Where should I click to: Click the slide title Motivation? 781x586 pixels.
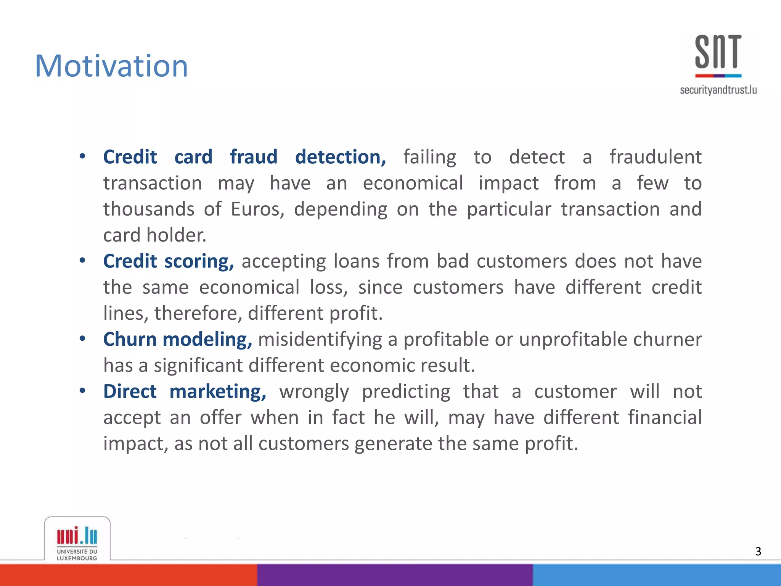[111, 66]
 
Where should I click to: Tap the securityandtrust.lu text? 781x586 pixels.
[718, 90]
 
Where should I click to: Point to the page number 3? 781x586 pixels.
[758, 551]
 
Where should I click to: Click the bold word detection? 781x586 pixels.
[341, 157]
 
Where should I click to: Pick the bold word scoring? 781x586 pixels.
[199, 262]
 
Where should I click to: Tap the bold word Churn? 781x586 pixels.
[130, 340]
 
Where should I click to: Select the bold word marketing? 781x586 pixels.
[218, 392]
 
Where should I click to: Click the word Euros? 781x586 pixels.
[257, 209]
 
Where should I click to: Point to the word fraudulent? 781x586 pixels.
[655, 157]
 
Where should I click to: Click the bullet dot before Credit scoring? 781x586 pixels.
[82, 261]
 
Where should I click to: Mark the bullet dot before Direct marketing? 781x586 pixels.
[82, 391]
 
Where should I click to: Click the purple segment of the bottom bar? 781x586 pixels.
[395, 575]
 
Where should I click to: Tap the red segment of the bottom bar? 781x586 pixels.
[128, 575]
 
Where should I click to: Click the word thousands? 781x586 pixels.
[149, 209]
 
